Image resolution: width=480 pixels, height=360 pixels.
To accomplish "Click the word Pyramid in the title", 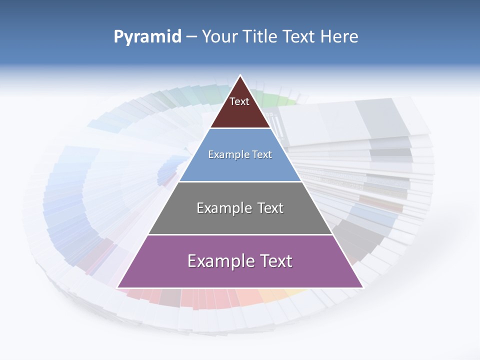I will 147,37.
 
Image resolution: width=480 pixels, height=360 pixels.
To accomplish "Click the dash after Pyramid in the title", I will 191,37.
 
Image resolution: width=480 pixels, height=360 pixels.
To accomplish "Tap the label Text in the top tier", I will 239,101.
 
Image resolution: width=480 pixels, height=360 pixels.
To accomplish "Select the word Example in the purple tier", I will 218,261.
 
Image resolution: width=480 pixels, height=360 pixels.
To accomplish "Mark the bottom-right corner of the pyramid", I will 362,287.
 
